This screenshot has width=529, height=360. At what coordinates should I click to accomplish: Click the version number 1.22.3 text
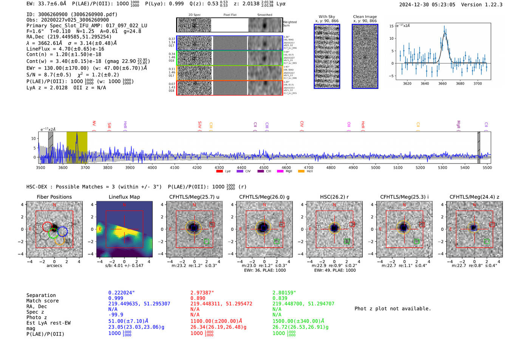click(489, 5)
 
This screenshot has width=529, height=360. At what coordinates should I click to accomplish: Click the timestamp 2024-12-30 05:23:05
click(427, 5)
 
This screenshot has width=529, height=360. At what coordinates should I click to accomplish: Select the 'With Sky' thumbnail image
click(327, 56)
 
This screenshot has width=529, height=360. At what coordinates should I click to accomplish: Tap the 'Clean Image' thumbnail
click(365, 56)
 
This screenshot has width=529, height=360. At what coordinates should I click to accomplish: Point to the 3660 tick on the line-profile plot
click(442, 83)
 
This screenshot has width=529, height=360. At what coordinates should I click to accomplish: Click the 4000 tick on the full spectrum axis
click(152, 167)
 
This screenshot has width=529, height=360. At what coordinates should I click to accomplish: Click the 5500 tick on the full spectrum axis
click(487, 167)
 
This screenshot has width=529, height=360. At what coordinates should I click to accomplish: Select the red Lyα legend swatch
click(220, 171)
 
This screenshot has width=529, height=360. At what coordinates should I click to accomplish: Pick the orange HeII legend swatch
click(301, 171)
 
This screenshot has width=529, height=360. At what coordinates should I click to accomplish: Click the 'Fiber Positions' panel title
click(54, 197)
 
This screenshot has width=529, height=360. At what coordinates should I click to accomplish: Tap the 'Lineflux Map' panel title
click(124, 197)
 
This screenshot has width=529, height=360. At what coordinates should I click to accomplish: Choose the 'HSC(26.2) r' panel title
click(334, 197)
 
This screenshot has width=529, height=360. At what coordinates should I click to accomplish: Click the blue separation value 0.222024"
click(121, 293)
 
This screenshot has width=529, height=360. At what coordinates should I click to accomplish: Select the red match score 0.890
click(198, 298)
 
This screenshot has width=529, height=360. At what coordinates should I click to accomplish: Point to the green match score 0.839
click(280, 298)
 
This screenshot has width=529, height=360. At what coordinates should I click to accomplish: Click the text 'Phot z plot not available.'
click(393, 309)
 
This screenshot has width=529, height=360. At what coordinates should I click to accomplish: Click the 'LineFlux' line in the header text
click(65, 49)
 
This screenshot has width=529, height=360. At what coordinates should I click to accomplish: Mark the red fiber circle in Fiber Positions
click(47, 227)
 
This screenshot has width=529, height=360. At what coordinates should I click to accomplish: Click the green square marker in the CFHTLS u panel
click(206, 241)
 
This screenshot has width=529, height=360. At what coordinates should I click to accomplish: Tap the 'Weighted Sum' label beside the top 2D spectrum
click(290, 24)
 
